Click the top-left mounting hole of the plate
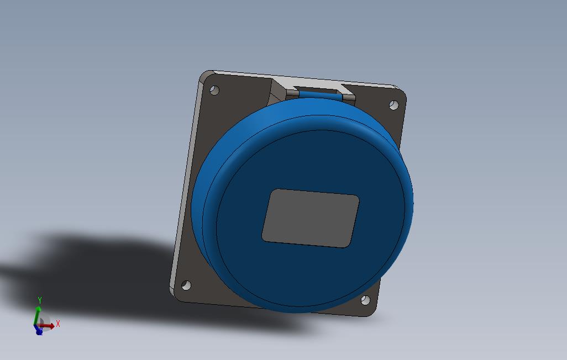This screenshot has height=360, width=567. click(x=214, y=90)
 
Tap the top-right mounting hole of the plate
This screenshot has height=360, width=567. click(x=394, y=105)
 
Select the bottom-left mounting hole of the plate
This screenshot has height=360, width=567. click(x=186, y=285)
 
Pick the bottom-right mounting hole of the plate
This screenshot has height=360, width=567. click(x=366, y=300)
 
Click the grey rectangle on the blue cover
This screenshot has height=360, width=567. click(x=310, y=218)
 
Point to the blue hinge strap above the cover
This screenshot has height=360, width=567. click(x=320, y=95)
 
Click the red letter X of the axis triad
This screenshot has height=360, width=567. click(x=58, y=324)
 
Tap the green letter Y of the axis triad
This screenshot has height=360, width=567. click(x=40, y=300)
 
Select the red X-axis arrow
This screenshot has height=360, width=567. click(x=47, y=326)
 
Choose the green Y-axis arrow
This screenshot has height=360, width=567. click(x=36, y=315)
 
